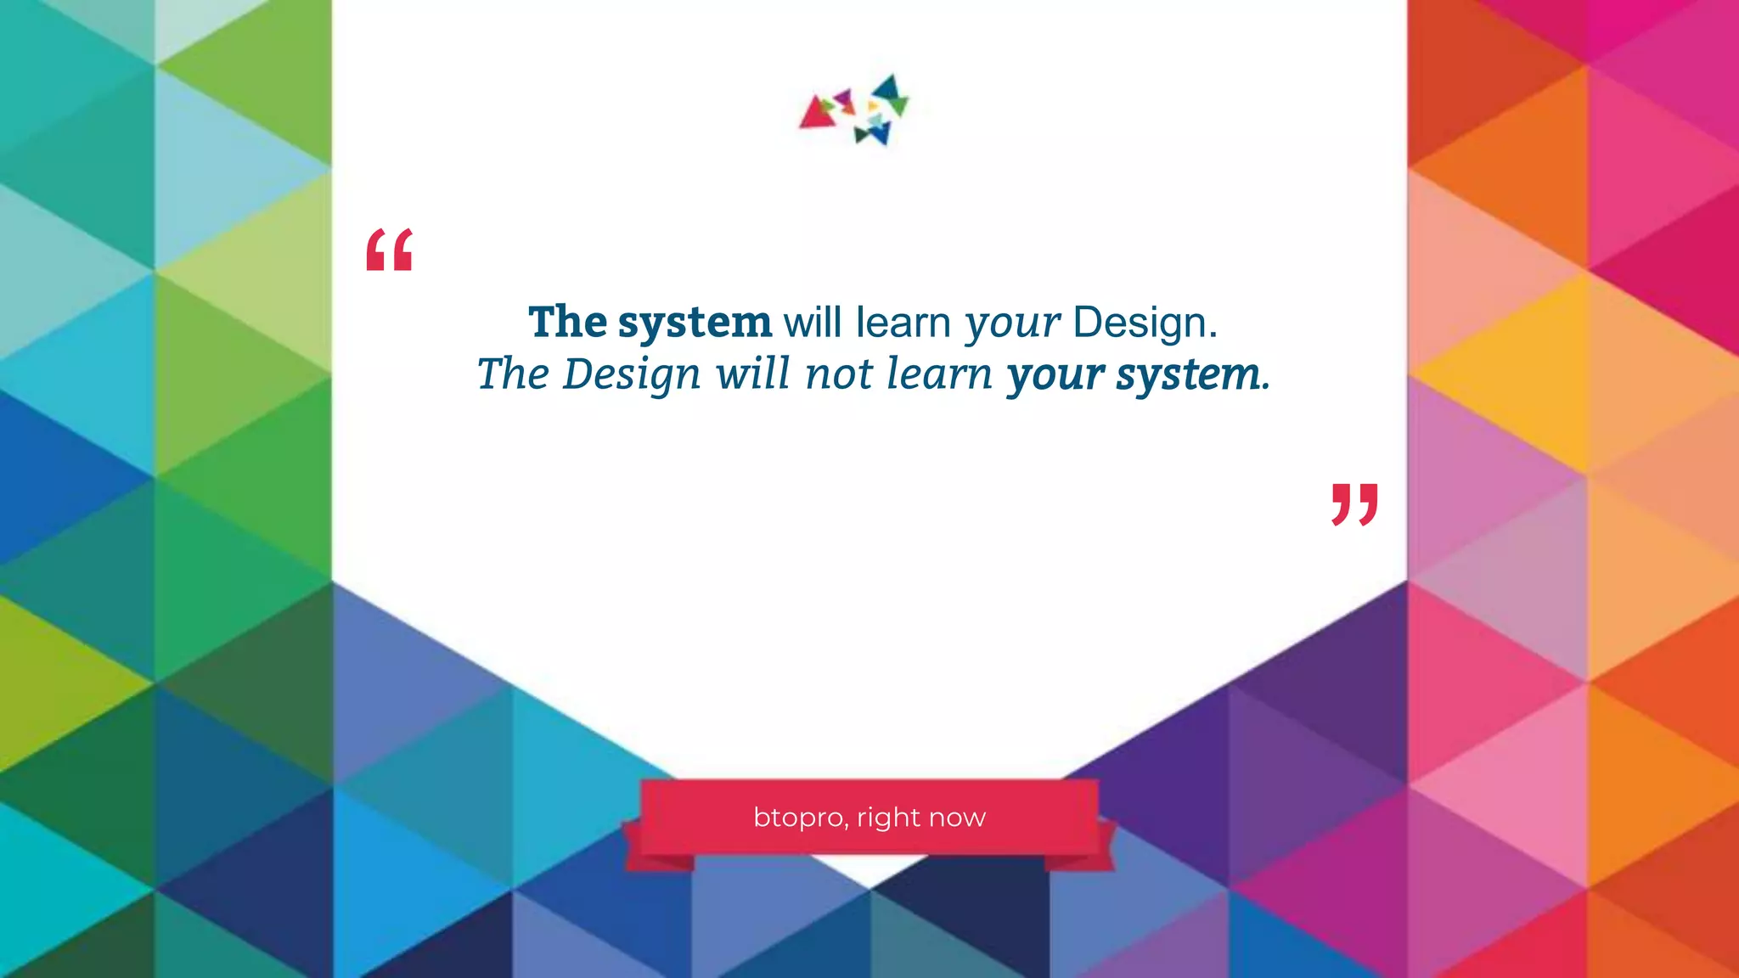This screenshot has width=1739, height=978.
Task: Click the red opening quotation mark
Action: pos(389,250)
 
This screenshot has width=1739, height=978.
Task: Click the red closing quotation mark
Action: pos(1354,504)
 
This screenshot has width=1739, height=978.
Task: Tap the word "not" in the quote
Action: pos(839,374)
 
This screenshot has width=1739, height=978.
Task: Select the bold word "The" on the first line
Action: pos(567,322)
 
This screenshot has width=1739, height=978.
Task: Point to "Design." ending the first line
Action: pos(1145,323)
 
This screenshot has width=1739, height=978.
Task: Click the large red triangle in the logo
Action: pos(816,114)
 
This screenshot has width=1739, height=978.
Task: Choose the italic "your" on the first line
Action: pos(1012,323)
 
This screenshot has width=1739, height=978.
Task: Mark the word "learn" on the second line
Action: pos(939,374)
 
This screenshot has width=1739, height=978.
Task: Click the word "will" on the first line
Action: pos(812,323)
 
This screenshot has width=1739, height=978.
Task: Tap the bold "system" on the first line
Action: pos(695,323)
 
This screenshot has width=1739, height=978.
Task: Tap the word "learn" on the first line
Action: pos(903,323)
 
